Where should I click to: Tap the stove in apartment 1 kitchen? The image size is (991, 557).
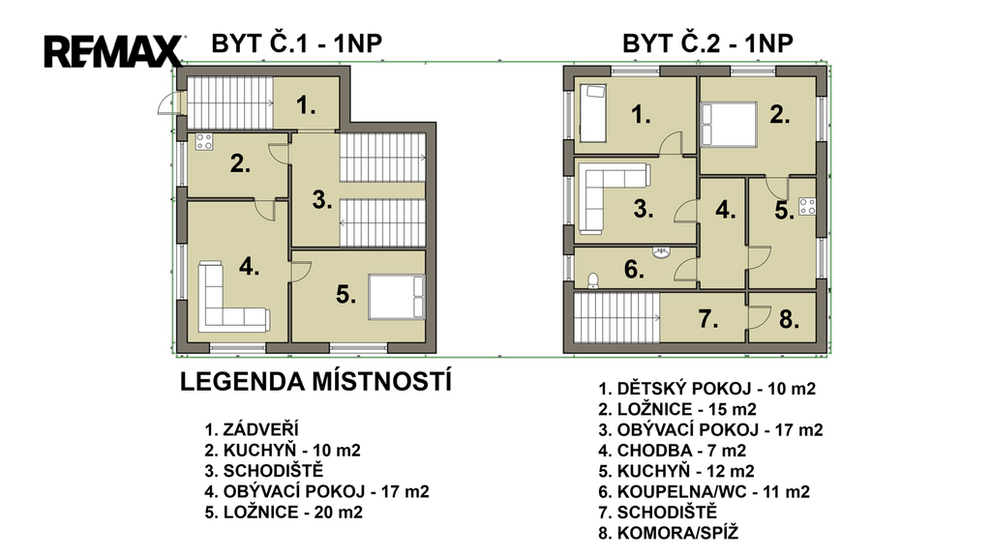(203, 141)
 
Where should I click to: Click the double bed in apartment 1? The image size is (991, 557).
(396, 297)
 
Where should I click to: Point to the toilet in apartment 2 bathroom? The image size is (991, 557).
(593, 280)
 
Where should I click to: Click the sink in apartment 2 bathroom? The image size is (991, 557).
(661, 253)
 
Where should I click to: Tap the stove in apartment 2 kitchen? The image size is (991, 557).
(806, 206)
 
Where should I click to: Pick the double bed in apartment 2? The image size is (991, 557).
(729, 125)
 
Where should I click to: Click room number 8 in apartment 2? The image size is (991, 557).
(789, 319)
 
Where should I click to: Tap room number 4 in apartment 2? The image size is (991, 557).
(726, 210)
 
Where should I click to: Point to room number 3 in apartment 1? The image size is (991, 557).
(321, 200)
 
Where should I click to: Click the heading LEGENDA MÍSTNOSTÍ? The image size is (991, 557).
(316, 382)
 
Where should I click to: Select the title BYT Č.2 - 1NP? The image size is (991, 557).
(707, 44)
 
